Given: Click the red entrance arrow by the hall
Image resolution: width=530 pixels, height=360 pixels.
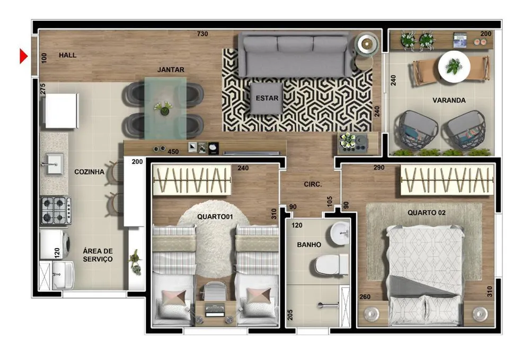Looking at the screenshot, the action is point(23,56).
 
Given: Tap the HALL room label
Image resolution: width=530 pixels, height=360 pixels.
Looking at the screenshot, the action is point(68,55).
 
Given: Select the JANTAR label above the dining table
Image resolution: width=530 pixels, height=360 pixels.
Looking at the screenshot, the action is point(171,69).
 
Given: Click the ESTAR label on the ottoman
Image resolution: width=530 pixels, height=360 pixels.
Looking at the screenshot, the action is point(267,98).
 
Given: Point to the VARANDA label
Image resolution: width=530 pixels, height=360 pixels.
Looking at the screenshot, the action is point(449,100).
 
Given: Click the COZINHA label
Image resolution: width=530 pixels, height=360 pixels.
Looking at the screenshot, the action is point(89,172).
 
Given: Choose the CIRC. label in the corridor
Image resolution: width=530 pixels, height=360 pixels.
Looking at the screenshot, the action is point(313,184).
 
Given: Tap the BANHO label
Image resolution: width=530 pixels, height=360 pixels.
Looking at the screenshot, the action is point(309,244).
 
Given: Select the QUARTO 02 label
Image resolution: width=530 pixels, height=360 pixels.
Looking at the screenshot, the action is point(426,213).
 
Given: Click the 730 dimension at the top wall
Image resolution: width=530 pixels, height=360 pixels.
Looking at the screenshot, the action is point(202,34).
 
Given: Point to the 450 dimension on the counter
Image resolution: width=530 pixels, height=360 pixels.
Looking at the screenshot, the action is point(173,152).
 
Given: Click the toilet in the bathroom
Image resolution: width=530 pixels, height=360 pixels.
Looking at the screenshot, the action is point(330,265).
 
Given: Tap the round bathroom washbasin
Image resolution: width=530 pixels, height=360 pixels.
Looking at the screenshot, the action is point(340,233).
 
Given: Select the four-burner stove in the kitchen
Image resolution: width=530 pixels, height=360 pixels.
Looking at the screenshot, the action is point(56,210).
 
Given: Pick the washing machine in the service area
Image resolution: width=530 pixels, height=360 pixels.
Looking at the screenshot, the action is point(55,244).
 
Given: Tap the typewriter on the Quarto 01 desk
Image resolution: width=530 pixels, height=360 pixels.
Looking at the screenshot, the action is point(215,311).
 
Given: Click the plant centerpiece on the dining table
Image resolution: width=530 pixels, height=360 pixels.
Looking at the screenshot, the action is point(164,108).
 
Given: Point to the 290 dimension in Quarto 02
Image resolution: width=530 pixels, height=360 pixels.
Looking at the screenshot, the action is point(379,168).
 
